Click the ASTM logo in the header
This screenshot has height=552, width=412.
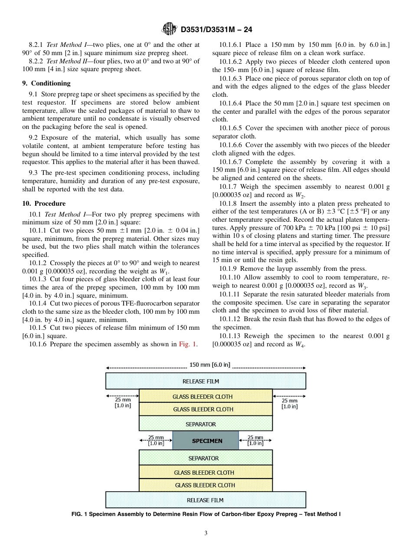tap(169, 29)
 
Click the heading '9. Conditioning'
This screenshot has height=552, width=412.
tap(46, 83)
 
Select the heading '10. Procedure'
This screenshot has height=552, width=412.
tap(44, 204)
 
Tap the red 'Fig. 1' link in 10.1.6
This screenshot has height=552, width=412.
tap(188, 344)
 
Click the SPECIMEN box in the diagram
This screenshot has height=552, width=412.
tap(206, 440)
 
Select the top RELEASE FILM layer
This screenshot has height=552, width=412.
tap(206, 381)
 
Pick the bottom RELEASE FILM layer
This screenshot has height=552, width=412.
tap(206, 500)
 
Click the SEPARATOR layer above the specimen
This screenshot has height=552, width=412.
tap(206, 424)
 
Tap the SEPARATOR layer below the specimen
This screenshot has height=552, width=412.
tap(206, 458)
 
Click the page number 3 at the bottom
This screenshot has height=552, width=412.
tap(206, 533)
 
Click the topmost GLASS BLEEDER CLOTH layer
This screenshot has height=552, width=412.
tap(206, 396)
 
